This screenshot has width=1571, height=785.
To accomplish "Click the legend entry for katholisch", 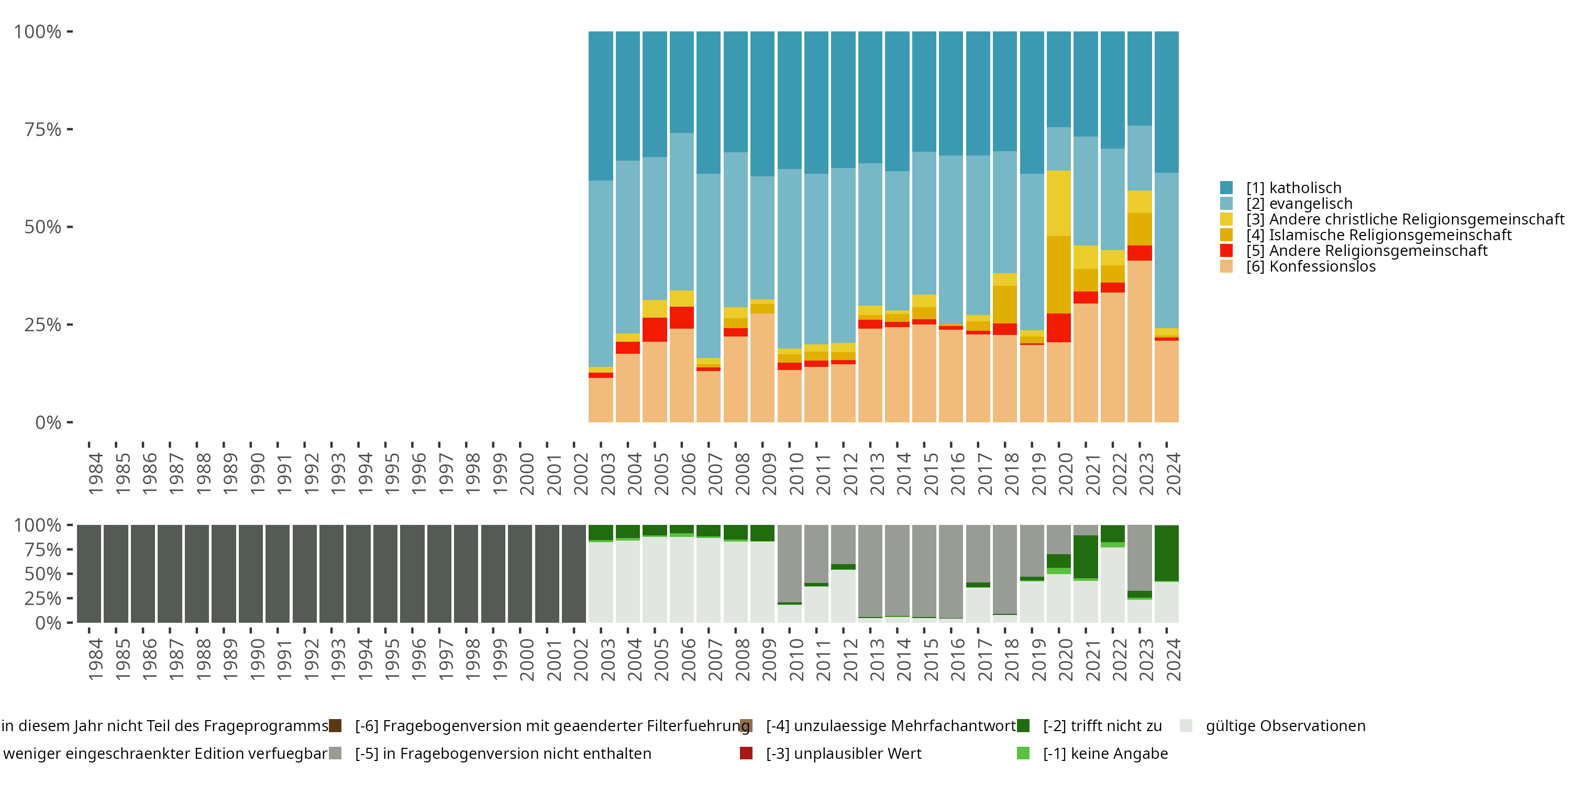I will (1293, 188).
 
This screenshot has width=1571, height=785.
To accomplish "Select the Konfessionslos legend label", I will (1310, 266).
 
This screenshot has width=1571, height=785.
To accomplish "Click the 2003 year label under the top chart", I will (608, 474).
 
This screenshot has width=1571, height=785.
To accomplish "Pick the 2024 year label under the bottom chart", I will (1174, 659).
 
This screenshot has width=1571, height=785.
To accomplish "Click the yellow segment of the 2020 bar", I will (1059, 203).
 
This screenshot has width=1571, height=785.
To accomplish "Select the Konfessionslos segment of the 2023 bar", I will (1139, 341).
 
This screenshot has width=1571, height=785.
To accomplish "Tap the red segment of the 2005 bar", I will (655, 329).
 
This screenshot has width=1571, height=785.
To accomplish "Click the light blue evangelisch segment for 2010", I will (789, 259).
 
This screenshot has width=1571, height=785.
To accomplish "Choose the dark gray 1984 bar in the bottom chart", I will (89, 574).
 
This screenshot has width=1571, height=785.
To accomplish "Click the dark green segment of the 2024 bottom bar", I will (1166, 553).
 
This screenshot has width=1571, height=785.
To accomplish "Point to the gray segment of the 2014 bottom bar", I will (897, 570).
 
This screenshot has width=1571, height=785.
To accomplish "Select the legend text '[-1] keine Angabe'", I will (1105, 753).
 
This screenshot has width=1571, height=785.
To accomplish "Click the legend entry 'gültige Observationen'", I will (1285, 726).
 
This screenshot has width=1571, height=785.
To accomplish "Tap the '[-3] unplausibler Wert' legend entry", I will (844, 753).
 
